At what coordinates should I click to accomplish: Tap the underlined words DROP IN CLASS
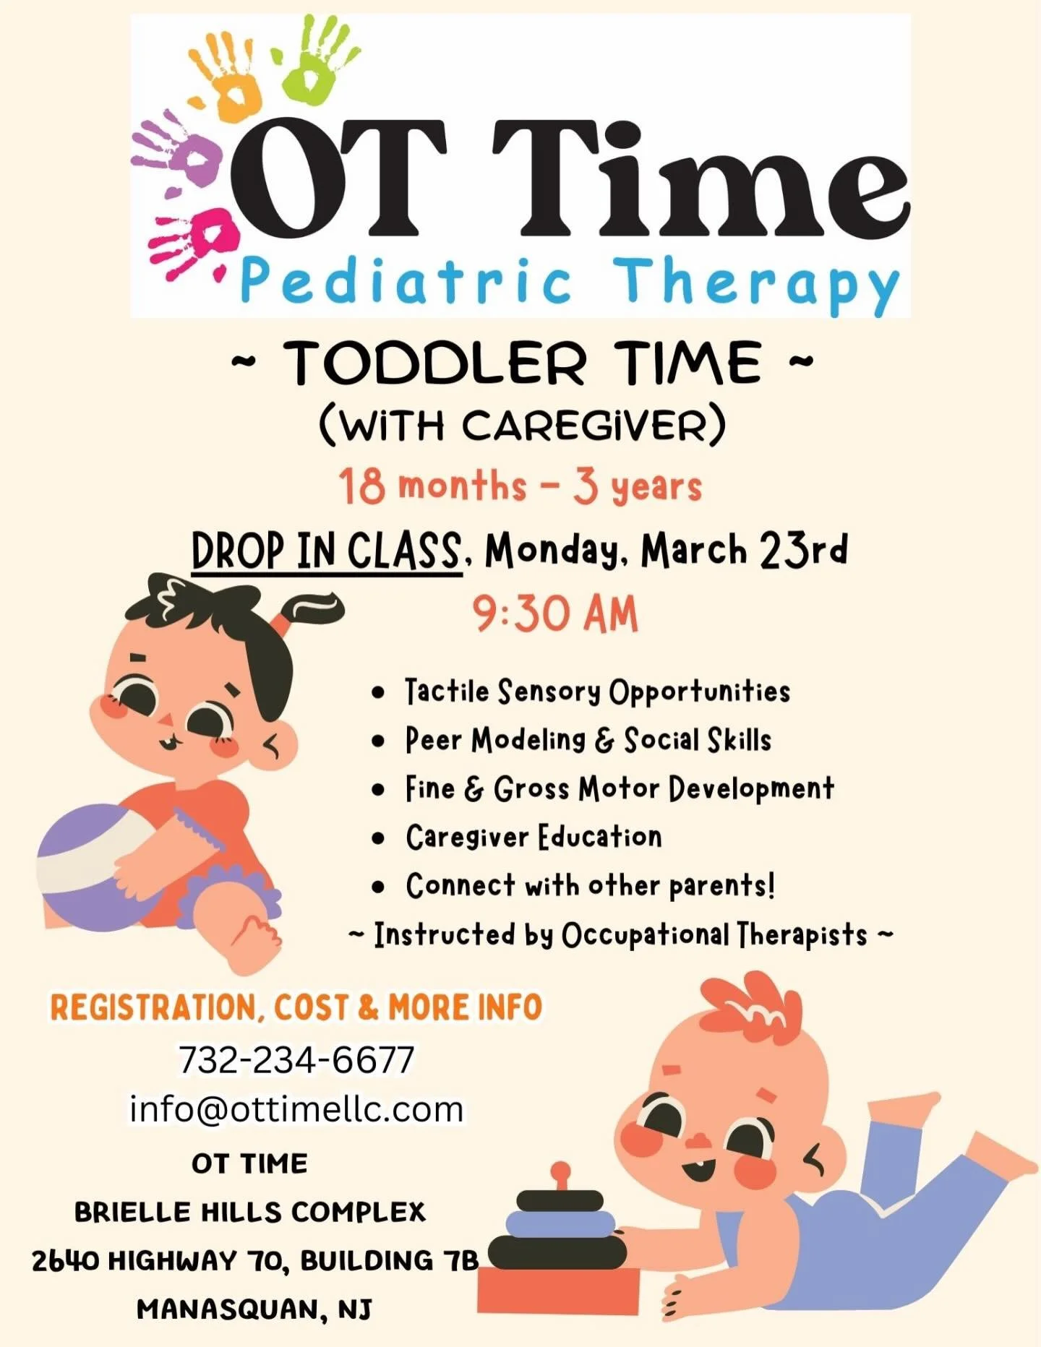point(327,552)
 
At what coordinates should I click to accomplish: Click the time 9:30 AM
point(555,615)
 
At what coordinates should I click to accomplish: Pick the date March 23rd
point(744,551)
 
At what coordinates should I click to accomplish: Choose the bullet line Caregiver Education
point(534,837)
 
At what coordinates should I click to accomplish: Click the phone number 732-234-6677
point(296,1060)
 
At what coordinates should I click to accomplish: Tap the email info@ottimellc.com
point(296,1109)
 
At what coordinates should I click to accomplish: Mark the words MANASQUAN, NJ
point(254,1309)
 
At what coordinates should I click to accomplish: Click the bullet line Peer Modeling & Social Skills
point(588,740)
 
